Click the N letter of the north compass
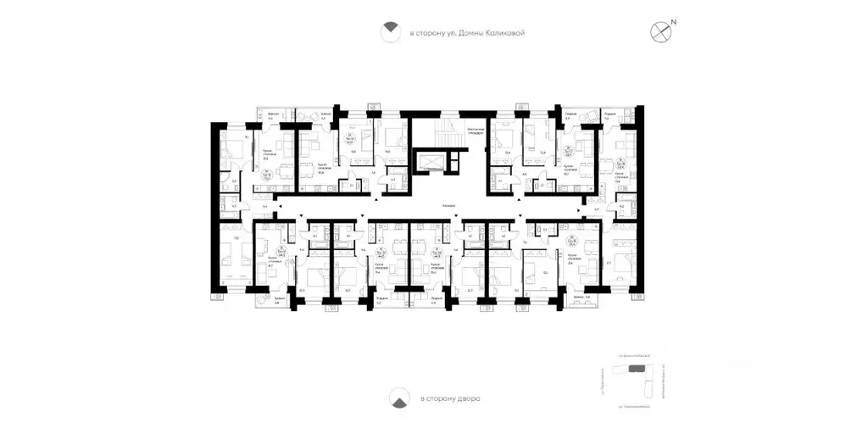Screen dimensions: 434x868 675,22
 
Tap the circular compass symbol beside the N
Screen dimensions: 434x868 660,32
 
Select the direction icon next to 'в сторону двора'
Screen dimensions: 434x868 396,397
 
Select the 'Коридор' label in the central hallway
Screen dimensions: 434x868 451,206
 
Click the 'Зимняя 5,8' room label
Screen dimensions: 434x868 581,297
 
